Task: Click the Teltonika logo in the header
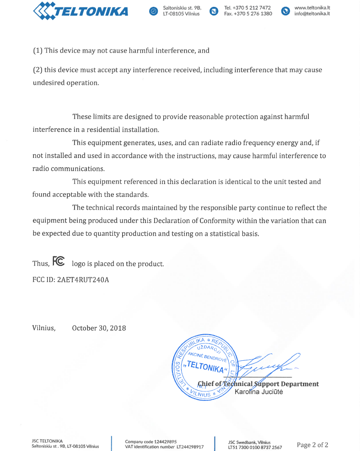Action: (x=81, y=11)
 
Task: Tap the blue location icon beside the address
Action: (x=154, y=11)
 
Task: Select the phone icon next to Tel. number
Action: (x=214, y=11)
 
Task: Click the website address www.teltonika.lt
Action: (x=312, y=8)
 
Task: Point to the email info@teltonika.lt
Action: (x=312, y=14)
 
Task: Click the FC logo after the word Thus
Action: (x=59, y=261)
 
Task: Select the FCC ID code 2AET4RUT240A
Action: (x=83, y=280)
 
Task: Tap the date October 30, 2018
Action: (x=99, y=328)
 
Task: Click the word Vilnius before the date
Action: (x=43, y=328)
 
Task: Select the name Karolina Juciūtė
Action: (x=258, y=392)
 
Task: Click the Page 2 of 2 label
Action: (x=312, y=445)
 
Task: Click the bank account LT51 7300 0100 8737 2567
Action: (x=255, y=447)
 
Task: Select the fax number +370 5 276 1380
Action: (x=254, y=14)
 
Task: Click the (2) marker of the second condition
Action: (x=38, y=70)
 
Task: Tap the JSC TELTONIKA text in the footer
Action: (x=47, y=441)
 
